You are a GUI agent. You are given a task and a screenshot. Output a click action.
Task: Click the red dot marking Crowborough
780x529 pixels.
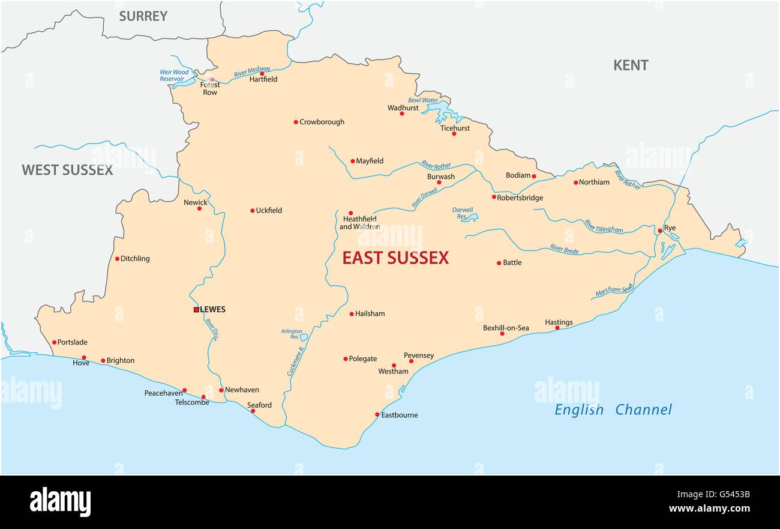(296, 122)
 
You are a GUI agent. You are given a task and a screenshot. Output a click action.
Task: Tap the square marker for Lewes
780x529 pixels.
(196, 310)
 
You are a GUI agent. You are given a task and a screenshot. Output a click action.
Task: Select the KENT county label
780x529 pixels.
(631, 65)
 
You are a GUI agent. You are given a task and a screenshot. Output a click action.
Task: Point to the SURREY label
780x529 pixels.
(143, 16)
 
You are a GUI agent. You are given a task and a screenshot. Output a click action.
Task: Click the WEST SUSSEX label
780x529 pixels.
(67, 170)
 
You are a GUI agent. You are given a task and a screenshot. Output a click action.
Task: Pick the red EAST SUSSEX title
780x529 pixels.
(395, 258)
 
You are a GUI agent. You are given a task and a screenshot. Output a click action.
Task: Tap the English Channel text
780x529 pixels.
(613, 410)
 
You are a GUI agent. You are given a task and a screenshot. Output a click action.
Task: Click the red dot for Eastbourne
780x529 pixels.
(377, 414)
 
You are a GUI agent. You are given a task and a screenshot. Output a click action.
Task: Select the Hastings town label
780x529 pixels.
(559, 322)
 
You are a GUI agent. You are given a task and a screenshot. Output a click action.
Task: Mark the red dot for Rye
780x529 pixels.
(659, 231)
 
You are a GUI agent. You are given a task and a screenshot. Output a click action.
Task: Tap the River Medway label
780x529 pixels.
(252, 70)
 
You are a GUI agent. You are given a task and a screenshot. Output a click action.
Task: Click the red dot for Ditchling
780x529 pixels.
(118, 259)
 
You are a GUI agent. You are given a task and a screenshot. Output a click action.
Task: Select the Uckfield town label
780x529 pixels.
(269, 211)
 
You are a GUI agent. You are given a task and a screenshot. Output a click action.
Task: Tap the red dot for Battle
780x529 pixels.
(499, 263)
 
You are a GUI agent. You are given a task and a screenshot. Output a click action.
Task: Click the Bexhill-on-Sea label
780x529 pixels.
(506, 328)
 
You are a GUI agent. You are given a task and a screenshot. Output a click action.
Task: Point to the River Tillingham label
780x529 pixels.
(604, 226)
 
